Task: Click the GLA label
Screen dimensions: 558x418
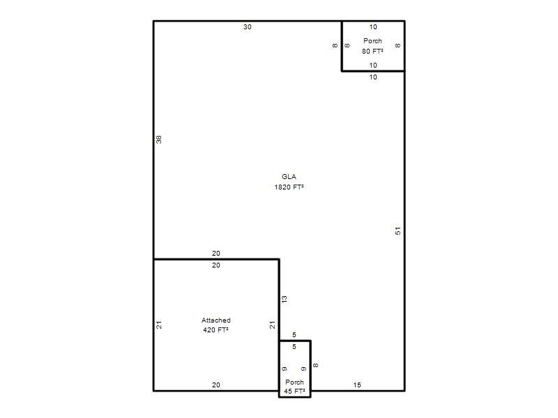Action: click(x=289, y=177)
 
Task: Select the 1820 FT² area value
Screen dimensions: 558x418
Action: click(x=289, y=187)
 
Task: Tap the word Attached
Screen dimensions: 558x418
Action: click(x=216, y=320)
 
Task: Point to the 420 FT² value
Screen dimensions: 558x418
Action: click(x=216, y=330)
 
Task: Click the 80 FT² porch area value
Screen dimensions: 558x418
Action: click(x=372, y=51)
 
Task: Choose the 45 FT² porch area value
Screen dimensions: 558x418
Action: click(x=294, y=392)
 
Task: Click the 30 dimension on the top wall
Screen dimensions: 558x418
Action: click(x=248, y=27)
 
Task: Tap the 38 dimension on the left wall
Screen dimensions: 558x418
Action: click(x=159, y=140)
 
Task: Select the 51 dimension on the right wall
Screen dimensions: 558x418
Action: click(x=398, y=231)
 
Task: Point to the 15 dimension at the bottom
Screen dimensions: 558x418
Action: click(x=357, y=385)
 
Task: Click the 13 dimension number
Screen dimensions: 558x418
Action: click(x=285, y=300)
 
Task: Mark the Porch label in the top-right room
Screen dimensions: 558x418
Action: click(x=372, y=41)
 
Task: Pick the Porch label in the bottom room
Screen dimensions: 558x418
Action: click(x=294, y=382)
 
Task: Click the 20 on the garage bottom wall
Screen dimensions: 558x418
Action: click(x=216, y=385)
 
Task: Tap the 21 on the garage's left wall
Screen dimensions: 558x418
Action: click(x=159, y=325)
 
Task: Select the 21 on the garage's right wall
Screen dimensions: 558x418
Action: click(x=272, y=325)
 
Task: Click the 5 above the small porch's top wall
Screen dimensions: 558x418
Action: click(x=294, y=335)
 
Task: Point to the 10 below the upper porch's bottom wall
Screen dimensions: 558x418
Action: click(x=373, y=77)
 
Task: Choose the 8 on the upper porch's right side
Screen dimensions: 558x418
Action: click(x=398, y=45)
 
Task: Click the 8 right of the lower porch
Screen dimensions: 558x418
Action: click(x=316, y=365)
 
